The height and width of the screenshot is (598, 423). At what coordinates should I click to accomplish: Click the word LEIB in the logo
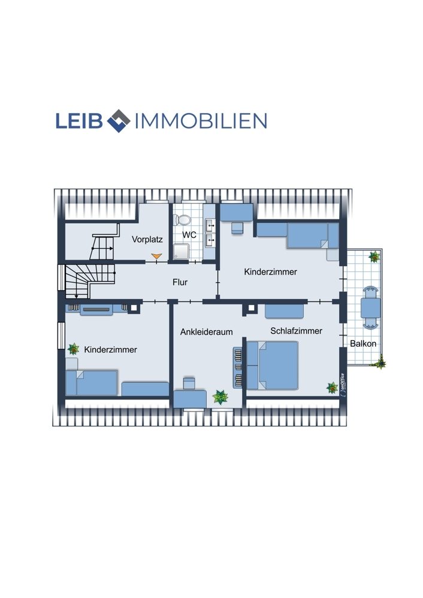(x=80, y=121)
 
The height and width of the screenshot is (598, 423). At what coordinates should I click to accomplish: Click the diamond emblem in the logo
(x=119, y=121)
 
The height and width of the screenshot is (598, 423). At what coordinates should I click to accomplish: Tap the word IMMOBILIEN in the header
(x=201, y=121)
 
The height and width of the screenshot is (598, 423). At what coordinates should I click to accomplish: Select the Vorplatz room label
(x=147, y=240)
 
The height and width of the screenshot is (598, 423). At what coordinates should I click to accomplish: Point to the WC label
(x=189, y=235)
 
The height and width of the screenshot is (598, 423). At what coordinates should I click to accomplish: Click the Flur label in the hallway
(x=180, y=282)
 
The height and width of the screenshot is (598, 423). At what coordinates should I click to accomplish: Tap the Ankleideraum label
(x=206, y=332)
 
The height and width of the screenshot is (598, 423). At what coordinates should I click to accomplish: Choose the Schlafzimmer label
(x=296, y=331)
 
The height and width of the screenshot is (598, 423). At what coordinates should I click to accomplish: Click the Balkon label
(x=363, y=344)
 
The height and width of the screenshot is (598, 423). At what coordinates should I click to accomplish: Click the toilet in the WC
(x=182, y=220)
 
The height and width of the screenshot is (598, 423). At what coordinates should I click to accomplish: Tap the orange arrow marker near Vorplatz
(x=156, y=257)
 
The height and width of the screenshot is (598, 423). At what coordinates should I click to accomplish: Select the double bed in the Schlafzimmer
(x=272, y=365)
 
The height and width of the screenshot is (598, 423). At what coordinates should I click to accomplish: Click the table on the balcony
(x=370, y=307)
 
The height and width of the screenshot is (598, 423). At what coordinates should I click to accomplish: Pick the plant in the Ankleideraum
(x=220, y=397)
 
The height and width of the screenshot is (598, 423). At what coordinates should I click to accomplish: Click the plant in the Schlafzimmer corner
(x=332, y=388)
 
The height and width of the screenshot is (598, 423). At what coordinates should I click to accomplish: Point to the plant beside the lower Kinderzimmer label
(x=73, y=349)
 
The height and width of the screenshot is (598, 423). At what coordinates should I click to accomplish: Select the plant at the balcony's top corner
(x=374, y=257)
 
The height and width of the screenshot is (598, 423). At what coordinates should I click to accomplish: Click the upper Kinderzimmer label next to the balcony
(x=271, y=272)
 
